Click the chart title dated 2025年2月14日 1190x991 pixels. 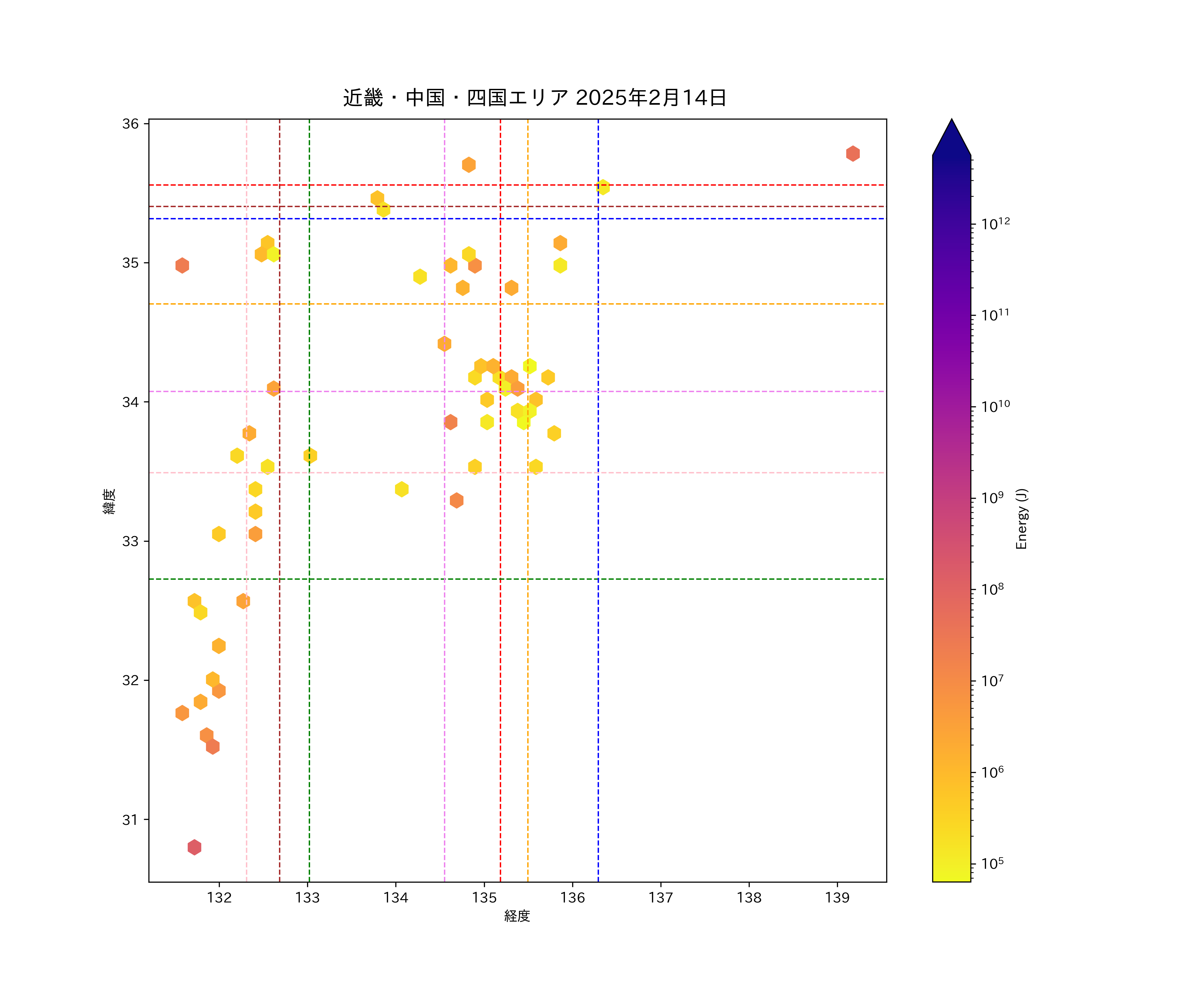[535, 98]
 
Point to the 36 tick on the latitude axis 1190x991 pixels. [130, 124]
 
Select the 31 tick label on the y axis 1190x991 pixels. [130, 820]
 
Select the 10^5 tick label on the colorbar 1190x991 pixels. [992, 863]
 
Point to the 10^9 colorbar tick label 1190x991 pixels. [992, 497]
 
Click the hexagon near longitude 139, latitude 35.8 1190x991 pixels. [853, 154]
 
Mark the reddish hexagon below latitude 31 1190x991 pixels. [194, 847]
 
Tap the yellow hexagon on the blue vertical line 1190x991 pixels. [603, 187]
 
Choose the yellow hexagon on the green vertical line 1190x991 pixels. [310, 455]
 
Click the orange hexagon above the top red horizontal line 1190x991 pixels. [469, 165]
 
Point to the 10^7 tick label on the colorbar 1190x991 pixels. [992, 680]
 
